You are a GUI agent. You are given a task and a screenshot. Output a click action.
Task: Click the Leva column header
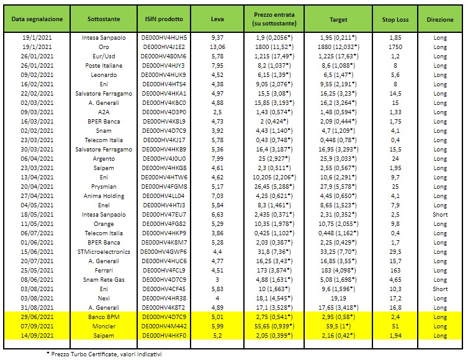click(x=217, y=19)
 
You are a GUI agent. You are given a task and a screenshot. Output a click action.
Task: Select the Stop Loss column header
click(x=395, y=20)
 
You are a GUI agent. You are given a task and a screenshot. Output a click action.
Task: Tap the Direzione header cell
click(x=440, y=20)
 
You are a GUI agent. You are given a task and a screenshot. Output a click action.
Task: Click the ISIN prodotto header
click(x=164, y=19)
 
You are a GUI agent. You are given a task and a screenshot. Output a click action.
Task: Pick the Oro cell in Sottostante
click(x=104, y=47)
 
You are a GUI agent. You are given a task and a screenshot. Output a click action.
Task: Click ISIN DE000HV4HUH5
click(x=164, y=38)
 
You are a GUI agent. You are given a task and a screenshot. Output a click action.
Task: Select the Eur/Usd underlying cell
click(x=104, y=56)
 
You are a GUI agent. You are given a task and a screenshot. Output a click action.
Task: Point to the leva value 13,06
click(x=217, y=47)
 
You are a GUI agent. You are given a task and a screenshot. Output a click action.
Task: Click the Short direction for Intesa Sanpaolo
click(x=440, y=214)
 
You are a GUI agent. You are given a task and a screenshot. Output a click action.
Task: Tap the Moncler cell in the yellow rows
click(x=104, y=326)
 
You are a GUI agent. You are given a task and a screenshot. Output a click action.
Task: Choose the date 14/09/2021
click(x=37, y=336)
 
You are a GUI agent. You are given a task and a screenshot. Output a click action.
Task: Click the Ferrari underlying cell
click(x=104, y=270)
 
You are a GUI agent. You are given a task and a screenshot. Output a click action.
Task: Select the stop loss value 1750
click(x=395, y=47)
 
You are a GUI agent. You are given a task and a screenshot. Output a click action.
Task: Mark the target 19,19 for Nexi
click(x=338, y=298)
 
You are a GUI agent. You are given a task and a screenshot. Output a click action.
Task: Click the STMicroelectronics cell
click(x=104, y=251)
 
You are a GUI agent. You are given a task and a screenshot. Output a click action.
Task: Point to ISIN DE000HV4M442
click(x=164, y=326)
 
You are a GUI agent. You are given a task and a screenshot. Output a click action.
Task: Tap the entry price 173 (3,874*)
click(x=274, y=270)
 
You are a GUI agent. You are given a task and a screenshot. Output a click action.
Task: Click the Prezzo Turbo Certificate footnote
click(x=104, y=354)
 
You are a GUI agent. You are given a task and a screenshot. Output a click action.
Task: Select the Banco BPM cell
click(x=104, y=317)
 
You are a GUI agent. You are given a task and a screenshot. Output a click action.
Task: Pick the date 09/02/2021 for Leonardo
click(x=37, y=75)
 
